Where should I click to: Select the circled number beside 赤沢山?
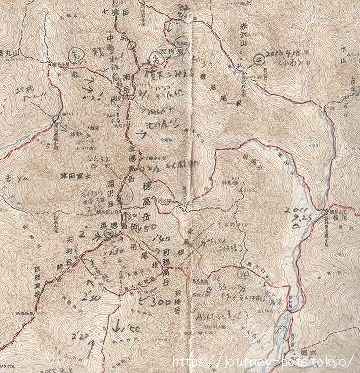pyautogui.click(x=259, y=58)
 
